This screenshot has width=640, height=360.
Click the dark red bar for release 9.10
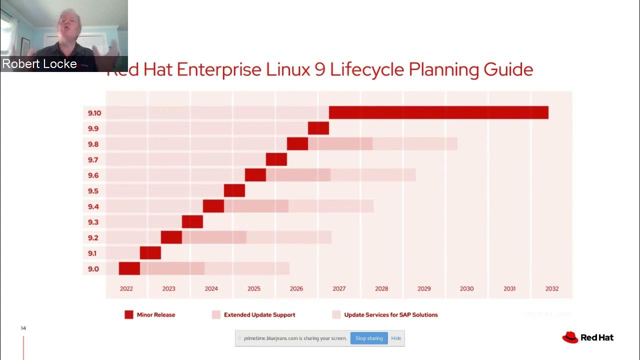[438, 112]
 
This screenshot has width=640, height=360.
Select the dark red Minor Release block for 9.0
[129, 268]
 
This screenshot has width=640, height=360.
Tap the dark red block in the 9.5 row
[234, 190]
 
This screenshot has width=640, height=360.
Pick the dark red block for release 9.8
[297, 144]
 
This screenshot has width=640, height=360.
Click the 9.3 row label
[93, 222]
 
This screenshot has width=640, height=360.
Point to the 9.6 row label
[93, 175]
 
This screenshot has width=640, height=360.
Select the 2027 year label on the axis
[339, 288]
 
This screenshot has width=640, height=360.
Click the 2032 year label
[552, 288]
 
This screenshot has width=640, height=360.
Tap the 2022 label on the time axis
[126, 288]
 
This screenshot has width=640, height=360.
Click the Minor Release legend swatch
[129, 314]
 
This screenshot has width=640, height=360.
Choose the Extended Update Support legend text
[259, 315]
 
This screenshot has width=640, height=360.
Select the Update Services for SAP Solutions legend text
[391, 315]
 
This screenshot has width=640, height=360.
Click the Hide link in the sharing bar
[396, 338]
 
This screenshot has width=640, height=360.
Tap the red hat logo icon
[570, 337]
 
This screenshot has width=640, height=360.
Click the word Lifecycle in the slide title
[367, 69]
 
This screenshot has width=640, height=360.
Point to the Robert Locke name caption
[39, 64]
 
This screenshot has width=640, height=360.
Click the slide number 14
[23, 328]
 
